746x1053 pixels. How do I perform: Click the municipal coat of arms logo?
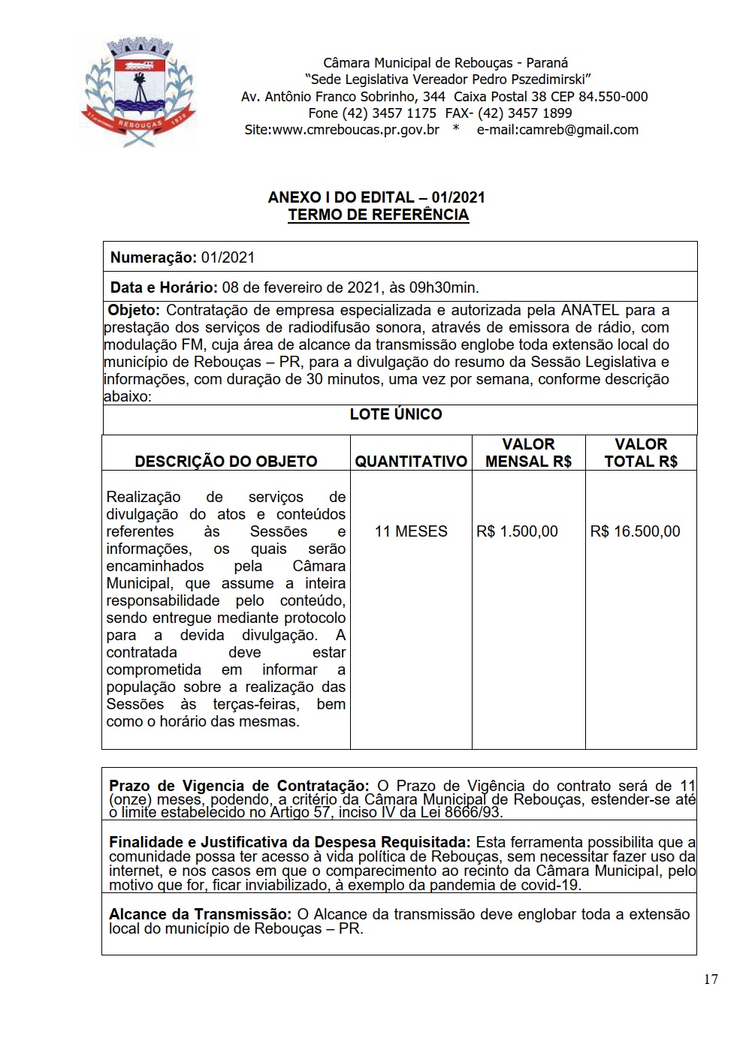click(x=138, y=93)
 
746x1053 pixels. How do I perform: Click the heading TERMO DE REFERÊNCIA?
click(x=378, y=215)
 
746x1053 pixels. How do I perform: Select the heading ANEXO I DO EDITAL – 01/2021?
click(x=376, y=197)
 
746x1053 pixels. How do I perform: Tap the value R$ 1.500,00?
click(x=517, y=531)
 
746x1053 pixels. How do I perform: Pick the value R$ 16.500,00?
click(x=635, y=531)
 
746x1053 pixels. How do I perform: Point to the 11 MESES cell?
click(x=411, y=531)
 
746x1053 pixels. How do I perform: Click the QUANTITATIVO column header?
click(x=411, y=462)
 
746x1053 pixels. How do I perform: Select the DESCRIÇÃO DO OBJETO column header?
click(x=226, y=462)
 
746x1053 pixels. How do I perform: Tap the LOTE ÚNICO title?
click(x=396, y=414)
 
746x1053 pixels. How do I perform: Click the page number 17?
click(x=711, y=979)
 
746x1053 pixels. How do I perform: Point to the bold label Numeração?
click(x=153, y=257)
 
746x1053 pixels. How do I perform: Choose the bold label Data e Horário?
click(x=164, y=287)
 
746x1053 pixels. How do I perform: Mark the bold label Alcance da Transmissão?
click(x=200, y=914)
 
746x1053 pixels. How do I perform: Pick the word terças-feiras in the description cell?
click(x=255, y=704)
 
